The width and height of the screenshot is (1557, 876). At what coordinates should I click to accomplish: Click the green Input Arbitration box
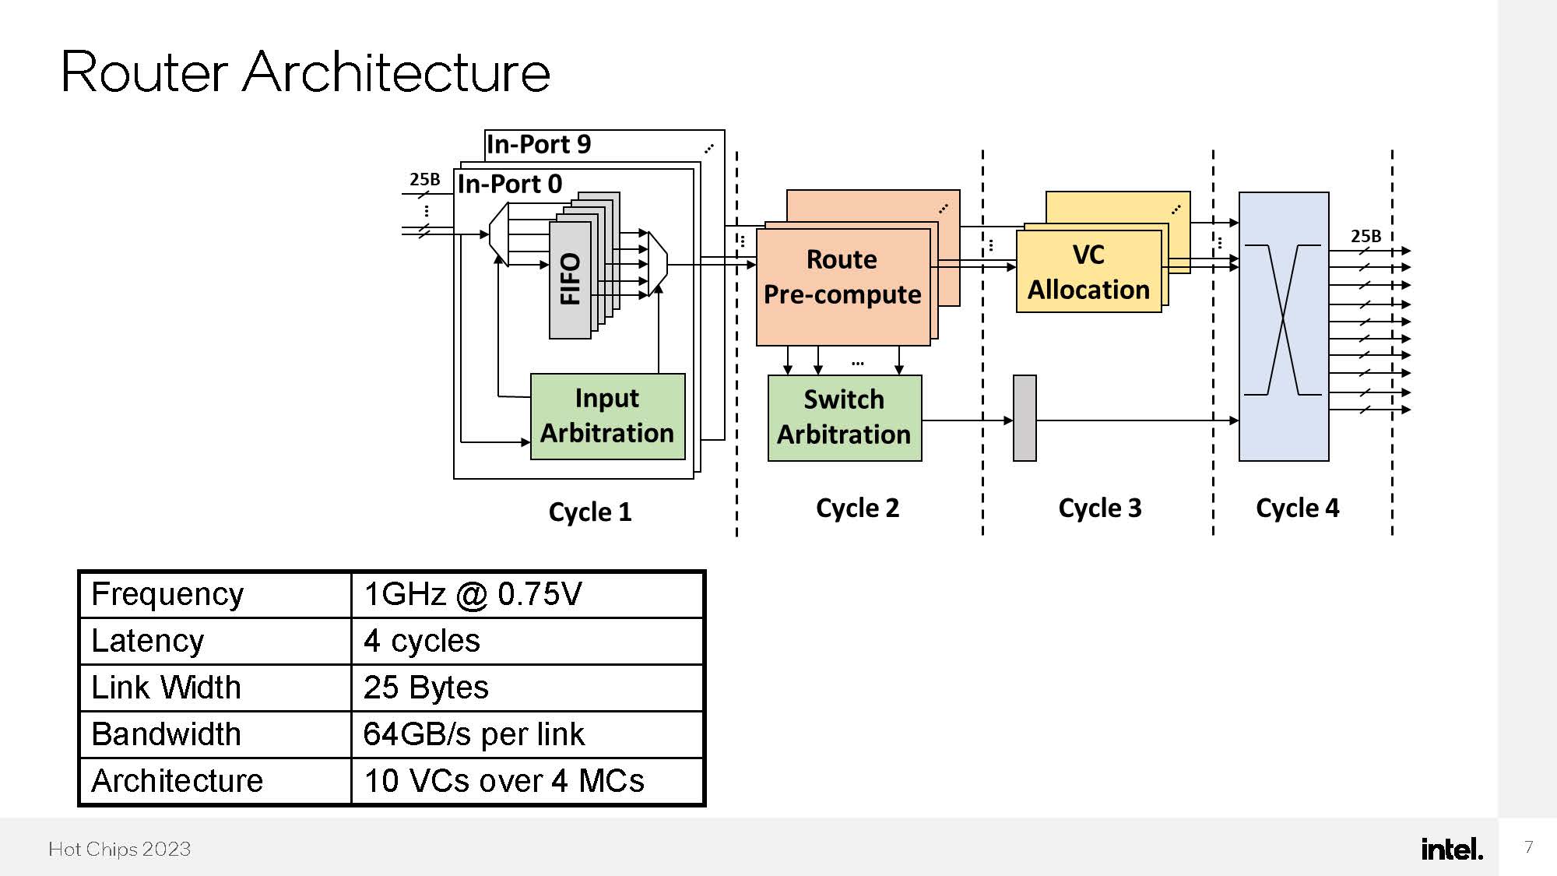(607, 417)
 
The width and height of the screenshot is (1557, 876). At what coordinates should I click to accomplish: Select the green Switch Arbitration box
(844, 418)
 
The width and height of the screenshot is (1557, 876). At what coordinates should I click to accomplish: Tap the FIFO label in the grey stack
(571, 279)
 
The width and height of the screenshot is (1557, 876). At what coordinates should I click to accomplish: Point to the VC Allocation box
(1088, 273)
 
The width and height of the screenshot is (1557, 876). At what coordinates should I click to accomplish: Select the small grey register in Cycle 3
(1024, 418)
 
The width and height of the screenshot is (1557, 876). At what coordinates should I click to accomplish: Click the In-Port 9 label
(539, 144)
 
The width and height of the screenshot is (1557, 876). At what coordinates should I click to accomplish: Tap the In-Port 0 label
(510, 184)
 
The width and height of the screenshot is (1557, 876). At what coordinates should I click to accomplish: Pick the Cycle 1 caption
(589, 512)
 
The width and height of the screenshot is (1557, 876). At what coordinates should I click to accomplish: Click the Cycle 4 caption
(1297, 508)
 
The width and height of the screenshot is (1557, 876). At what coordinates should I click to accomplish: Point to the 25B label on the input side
(424, 179)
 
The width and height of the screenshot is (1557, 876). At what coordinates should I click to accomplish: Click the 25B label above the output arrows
(1365, 236)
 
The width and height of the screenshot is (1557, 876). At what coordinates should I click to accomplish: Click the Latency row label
(148, 641)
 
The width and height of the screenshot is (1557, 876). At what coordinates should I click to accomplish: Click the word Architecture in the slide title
(396, 72)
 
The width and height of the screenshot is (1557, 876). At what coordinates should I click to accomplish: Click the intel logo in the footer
(1451, 849)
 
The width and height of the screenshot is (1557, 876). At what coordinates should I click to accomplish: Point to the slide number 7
(1528, 846)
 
